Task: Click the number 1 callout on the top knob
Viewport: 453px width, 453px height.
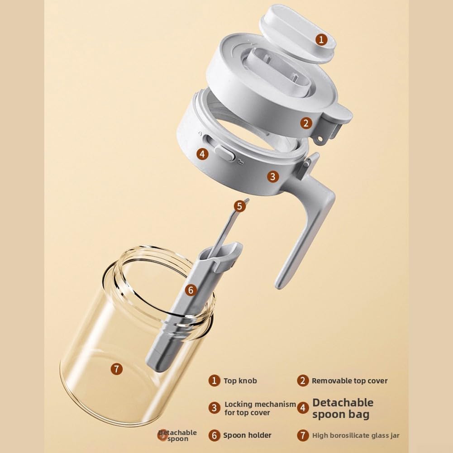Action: click(x=321, y=39)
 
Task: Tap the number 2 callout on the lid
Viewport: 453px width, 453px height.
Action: click(x=306, y=124)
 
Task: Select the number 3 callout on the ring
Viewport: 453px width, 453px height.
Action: click(x=273, y=176)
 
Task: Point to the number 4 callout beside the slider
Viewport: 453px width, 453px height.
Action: click(x=202, y=154)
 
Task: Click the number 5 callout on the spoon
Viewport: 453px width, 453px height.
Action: click(x=239, y=206)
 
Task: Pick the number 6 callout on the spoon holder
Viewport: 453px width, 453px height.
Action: click(x=191, y=290)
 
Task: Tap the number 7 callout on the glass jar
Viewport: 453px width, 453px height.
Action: click(x=117, y=369)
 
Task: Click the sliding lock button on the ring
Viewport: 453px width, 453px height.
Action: click(x=224, y=153)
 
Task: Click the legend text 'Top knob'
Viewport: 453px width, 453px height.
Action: click(x=240, y=381)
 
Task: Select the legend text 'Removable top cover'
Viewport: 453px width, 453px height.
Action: click(x=349, y=381)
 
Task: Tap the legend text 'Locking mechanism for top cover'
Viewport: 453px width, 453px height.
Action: click(x=260, y=408)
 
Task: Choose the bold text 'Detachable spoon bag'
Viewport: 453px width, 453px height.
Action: click(x=343, y=408)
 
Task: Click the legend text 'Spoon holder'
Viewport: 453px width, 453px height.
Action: click(x=247, y=435)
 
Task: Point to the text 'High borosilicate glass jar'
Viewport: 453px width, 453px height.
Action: click(x=356, y=435)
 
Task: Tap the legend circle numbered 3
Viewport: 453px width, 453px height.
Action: click(x=215, y=408)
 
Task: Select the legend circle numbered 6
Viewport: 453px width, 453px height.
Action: click(x=215, y=435)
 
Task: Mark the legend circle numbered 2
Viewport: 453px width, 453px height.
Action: click(x=303, y=381)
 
